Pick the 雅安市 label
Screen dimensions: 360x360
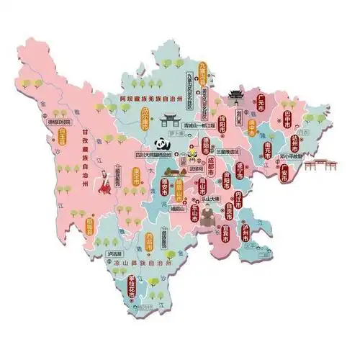click(x=161, y=189)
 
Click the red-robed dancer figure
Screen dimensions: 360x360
click(x=107, y=182)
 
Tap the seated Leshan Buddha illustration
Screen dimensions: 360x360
click(x=207, y=215)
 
